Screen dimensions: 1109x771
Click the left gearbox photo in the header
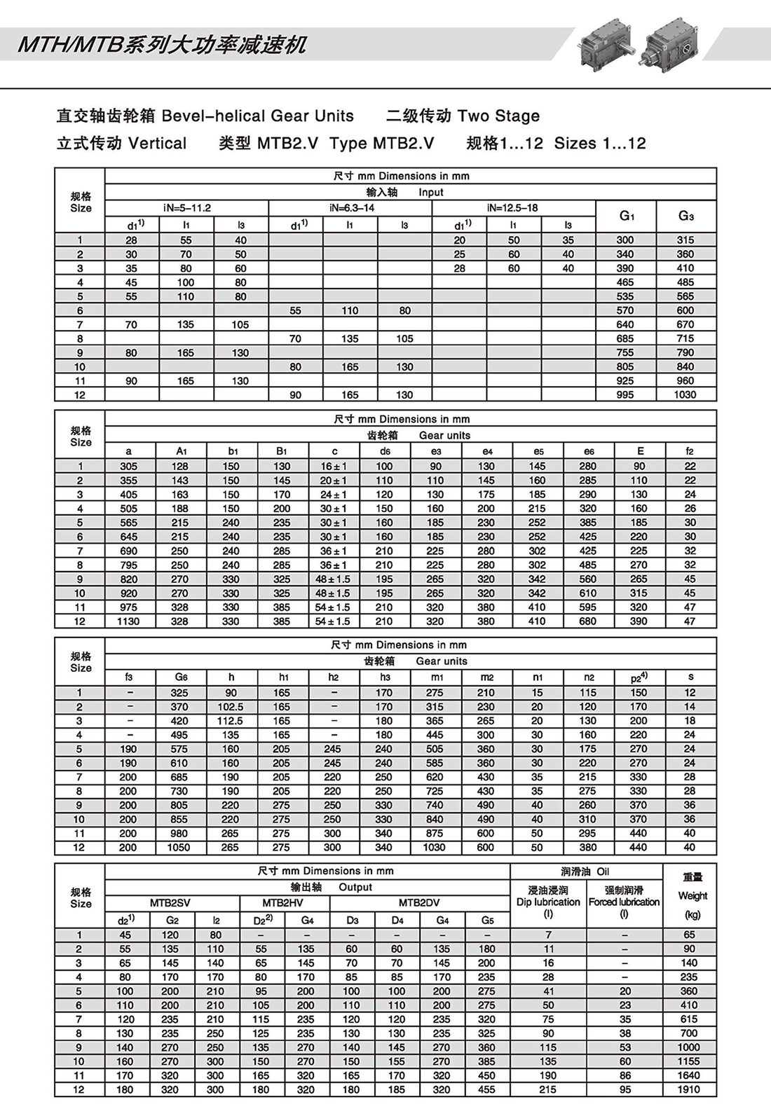click(x=607, y=43)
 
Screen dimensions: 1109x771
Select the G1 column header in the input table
click(x=626, y=216)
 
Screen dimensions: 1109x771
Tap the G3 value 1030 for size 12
click(x=685, y=395)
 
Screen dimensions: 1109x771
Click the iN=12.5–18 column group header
click(x=514, y=208)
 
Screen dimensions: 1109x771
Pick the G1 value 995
click(x=625, y=395)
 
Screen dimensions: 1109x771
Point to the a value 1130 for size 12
click(x=128, y=621)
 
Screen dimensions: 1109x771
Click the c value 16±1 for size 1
click(x=334, y=467)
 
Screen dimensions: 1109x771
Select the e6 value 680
click(x=587, y=621)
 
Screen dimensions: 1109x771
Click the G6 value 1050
click(x=179, y=848)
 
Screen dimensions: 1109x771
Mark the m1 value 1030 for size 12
click(x=435, y=848)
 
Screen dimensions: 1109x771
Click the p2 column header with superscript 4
click(x=639, y=677)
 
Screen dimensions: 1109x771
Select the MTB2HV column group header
click(x=282, y=903)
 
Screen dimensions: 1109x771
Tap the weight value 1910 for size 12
click(x=689, y=1090)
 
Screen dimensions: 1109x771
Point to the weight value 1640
click(x=689, y=1075)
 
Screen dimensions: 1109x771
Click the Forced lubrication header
click(x=624, y=902)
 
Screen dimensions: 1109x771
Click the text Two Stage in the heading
click(x=498, y=116)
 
